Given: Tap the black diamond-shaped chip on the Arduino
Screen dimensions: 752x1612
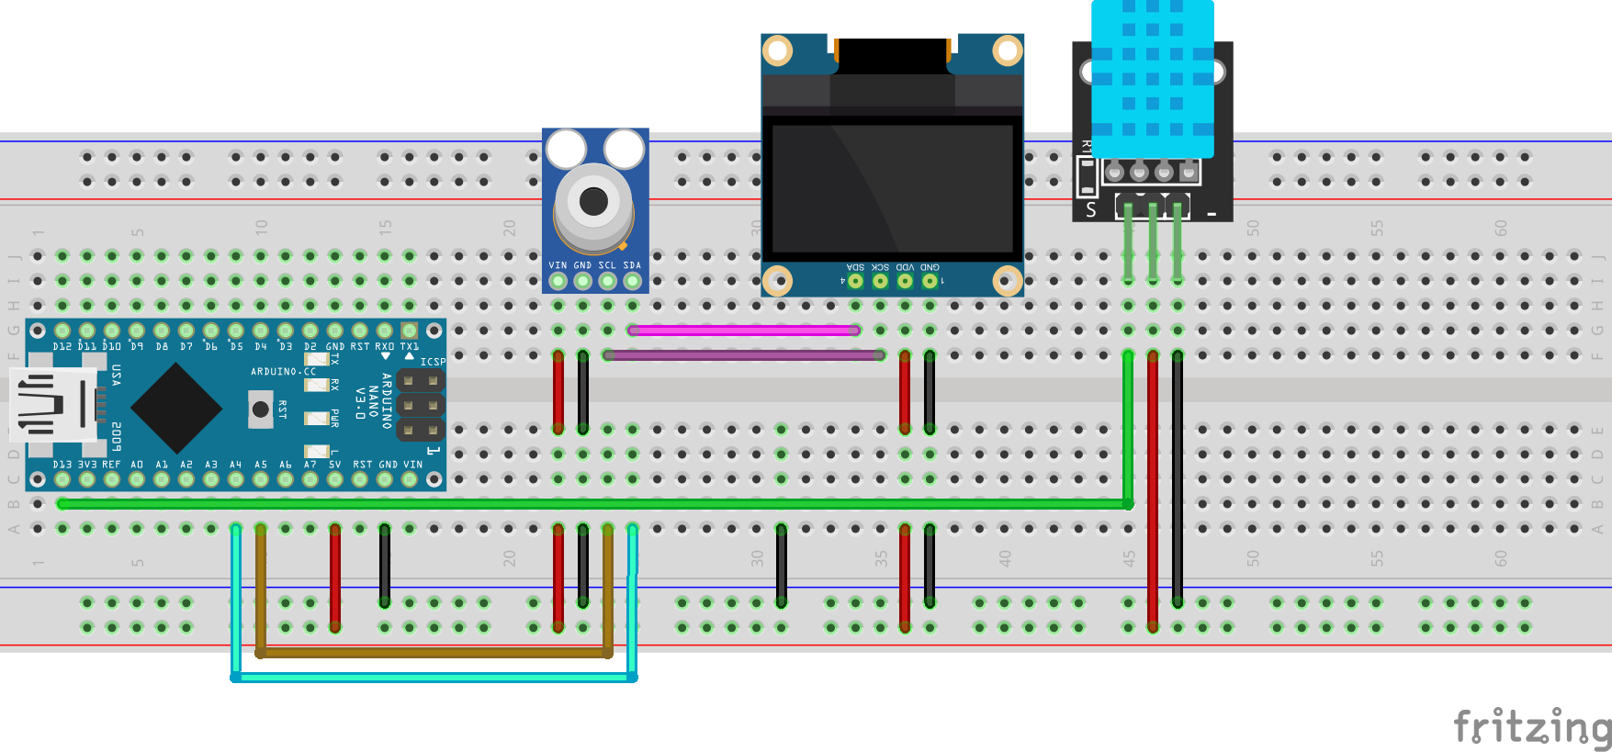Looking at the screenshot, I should coord(176,408).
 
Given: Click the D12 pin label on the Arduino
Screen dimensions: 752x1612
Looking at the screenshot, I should coord(62,347).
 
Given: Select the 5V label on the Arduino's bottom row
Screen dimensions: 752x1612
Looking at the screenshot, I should coord(334,465).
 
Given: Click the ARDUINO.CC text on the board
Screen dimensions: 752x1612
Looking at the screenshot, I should coord(283,372).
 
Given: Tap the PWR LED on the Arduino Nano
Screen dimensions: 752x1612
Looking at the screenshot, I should coord(317,419).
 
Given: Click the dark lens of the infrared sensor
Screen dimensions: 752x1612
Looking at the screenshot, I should coord(593,201).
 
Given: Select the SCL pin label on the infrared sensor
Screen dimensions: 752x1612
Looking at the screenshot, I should coord(607,265).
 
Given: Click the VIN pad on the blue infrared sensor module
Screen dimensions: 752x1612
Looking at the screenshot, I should coord(558,281).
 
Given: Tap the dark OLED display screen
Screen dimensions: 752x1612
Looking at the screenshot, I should coord(892,188).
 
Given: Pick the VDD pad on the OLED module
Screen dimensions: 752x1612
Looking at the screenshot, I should coord(905,280).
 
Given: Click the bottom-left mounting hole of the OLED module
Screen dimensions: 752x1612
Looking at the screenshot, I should coord(777,279).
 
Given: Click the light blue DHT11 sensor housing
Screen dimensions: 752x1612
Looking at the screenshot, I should coord(1152,78).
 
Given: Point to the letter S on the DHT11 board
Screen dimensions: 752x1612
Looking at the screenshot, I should coord(1091,210).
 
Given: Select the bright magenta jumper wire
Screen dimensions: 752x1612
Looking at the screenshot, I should coord(744,330).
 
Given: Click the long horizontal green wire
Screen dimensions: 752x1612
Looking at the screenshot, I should coord(588,504).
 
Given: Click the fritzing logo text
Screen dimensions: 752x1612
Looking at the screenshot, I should coord(1531,727).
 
